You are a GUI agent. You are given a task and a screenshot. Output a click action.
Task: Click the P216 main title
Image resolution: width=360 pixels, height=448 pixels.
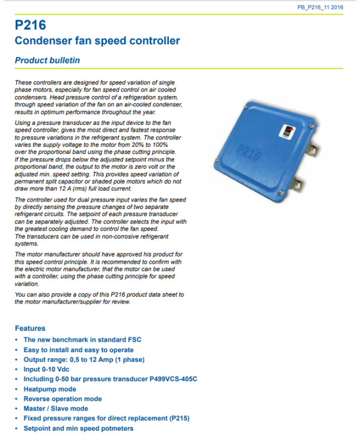click(30, 26)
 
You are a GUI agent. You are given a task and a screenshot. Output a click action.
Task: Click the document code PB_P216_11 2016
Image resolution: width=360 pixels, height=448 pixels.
click(320, 7)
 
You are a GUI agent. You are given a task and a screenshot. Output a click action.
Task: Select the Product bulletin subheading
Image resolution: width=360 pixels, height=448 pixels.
click(48, 60)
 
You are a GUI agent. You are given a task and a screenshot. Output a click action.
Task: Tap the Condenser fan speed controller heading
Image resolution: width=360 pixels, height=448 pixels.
click(97, 41)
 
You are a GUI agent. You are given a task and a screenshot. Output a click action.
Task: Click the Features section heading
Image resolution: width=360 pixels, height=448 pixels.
click(30, 328)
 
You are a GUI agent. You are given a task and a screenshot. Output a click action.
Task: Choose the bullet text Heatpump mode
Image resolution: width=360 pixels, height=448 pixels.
click(50, 389)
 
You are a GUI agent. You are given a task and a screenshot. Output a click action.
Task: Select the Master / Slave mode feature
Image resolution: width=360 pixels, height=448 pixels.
click(56, 409)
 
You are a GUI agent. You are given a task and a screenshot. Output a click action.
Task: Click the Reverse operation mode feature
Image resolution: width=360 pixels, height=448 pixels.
click(63, 399)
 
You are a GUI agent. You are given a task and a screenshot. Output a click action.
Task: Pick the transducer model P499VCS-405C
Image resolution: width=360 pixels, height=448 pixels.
click(173, 379)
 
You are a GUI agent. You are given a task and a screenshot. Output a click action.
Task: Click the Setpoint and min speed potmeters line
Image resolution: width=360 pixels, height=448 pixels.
click(78, 428)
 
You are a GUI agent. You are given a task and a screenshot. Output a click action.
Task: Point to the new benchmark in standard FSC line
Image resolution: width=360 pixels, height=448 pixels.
click(82, 340)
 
